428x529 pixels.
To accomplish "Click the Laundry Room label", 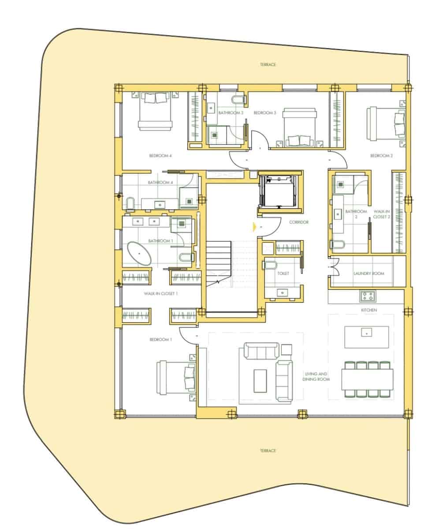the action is point(368,273).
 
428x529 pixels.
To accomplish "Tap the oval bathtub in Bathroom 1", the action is point(139,253).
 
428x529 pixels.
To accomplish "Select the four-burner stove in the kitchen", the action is point(368,296).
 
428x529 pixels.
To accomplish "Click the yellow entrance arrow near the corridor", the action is point(254,227).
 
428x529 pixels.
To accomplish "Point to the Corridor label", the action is point(299,222).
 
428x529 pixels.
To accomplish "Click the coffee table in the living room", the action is point(260,381).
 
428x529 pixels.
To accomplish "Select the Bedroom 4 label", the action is point(160,156).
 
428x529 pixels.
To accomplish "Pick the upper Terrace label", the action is point(268,64).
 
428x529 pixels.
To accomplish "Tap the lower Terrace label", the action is point(268,451).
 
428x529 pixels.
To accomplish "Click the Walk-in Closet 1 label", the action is point(160,294).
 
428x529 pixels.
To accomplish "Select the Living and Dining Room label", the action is point(316,376).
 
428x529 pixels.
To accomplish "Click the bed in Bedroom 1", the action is point(176,378).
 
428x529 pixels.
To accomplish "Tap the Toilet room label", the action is point(283,273).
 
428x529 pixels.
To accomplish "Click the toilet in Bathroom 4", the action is point(130,203).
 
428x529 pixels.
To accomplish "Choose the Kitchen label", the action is point(369,310).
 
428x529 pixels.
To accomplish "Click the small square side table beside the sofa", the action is point(287,350).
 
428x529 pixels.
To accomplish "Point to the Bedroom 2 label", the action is point(381,156).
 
